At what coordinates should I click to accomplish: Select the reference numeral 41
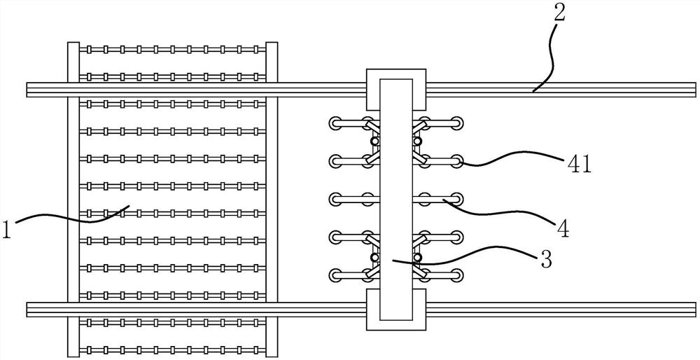[578, 166]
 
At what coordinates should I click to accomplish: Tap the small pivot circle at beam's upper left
[375, 141]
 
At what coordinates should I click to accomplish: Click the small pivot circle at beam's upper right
[417, 141]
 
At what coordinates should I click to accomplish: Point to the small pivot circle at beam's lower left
[375, 258]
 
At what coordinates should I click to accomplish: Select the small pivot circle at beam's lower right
[417, 258]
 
